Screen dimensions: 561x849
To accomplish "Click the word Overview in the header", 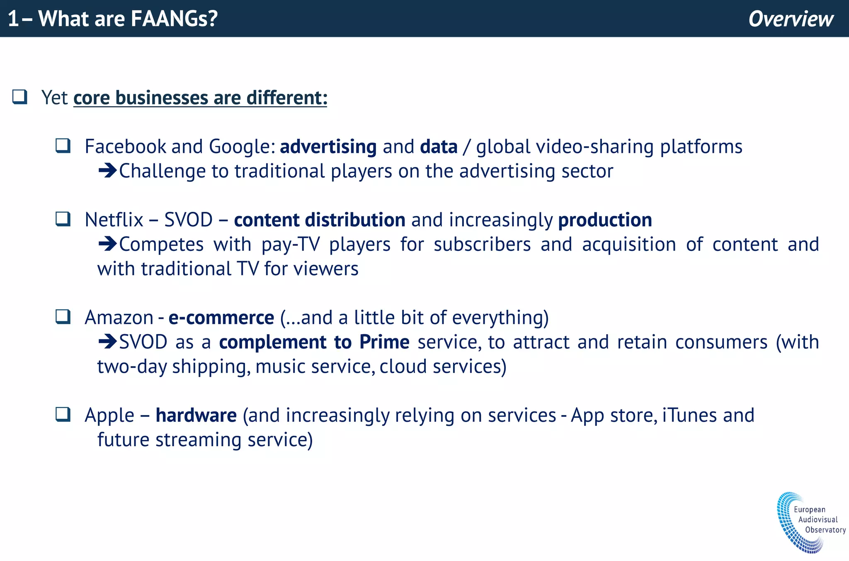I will click(x=791, y=19).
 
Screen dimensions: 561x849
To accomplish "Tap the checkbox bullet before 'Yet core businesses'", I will click(x=20, y=97).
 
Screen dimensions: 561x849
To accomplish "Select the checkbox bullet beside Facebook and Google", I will click(x=63, y=146).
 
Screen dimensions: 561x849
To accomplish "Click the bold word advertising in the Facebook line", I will click(x=328, y=147).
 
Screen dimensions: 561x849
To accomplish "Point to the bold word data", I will click(x=439, y=147).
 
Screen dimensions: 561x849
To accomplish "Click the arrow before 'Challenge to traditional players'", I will click(x=107, y=171).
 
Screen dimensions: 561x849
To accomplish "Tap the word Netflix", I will click(x=114, y=220).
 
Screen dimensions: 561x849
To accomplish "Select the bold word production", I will click(x=605, y=220).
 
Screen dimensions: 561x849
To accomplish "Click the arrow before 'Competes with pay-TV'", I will click(x=107, y=244).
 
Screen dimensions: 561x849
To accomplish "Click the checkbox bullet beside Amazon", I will click(x=63, y=317).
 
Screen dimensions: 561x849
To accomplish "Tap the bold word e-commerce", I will click(x=221, y=318).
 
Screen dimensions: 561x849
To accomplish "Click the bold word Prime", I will click(x=384, y=342).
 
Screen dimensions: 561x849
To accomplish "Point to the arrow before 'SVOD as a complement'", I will click(x=107, y=342).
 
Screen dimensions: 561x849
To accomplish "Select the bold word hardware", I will click(x=196, y=415).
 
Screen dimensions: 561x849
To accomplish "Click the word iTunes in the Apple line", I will click(x=689, y=415).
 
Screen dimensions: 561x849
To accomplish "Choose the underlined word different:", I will click(x=287, y=98).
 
